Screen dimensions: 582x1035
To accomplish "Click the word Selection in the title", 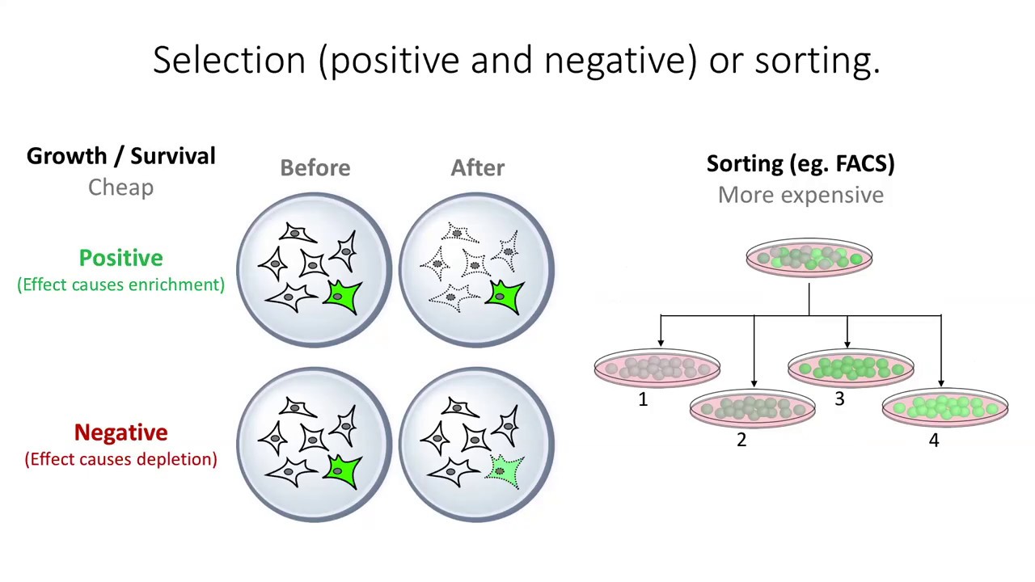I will pos(230,61).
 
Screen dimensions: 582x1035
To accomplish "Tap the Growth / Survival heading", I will pos(120,156).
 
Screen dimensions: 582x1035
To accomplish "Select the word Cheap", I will pos(120,188).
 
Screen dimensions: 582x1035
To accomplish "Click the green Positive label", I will pos(120,258).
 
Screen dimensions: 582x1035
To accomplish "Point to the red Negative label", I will pos(120,432).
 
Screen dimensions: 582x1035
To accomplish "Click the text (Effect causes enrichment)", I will pos(120,285).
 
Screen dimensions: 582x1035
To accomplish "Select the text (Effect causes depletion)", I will pos(120,459).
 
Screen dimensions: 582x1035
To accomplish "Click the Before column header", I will pos(315,168).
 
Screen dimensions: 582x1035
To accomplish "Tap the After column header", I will pos(477,168).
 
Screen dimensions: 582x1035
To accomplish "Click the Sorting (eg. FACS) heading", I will pos(801,163).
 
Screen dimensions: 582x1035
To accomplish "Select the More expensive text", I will pos(801,195).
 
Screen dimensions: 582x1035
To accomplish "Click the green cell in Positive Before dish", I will pos(343,297).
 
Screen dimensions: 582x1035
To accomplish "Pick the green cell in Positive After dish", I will pos(505,297).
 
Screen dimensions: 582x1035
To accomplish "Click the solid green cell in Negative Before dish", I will pos(343,471).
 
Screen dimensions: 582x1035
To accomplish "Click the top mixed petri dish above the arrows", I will pos(809,258).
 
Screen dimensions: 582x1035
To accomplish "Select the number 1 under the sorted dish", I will pos(643,399).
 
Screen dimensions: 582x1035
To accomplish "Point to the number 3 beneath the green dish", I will pos(839,399).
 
